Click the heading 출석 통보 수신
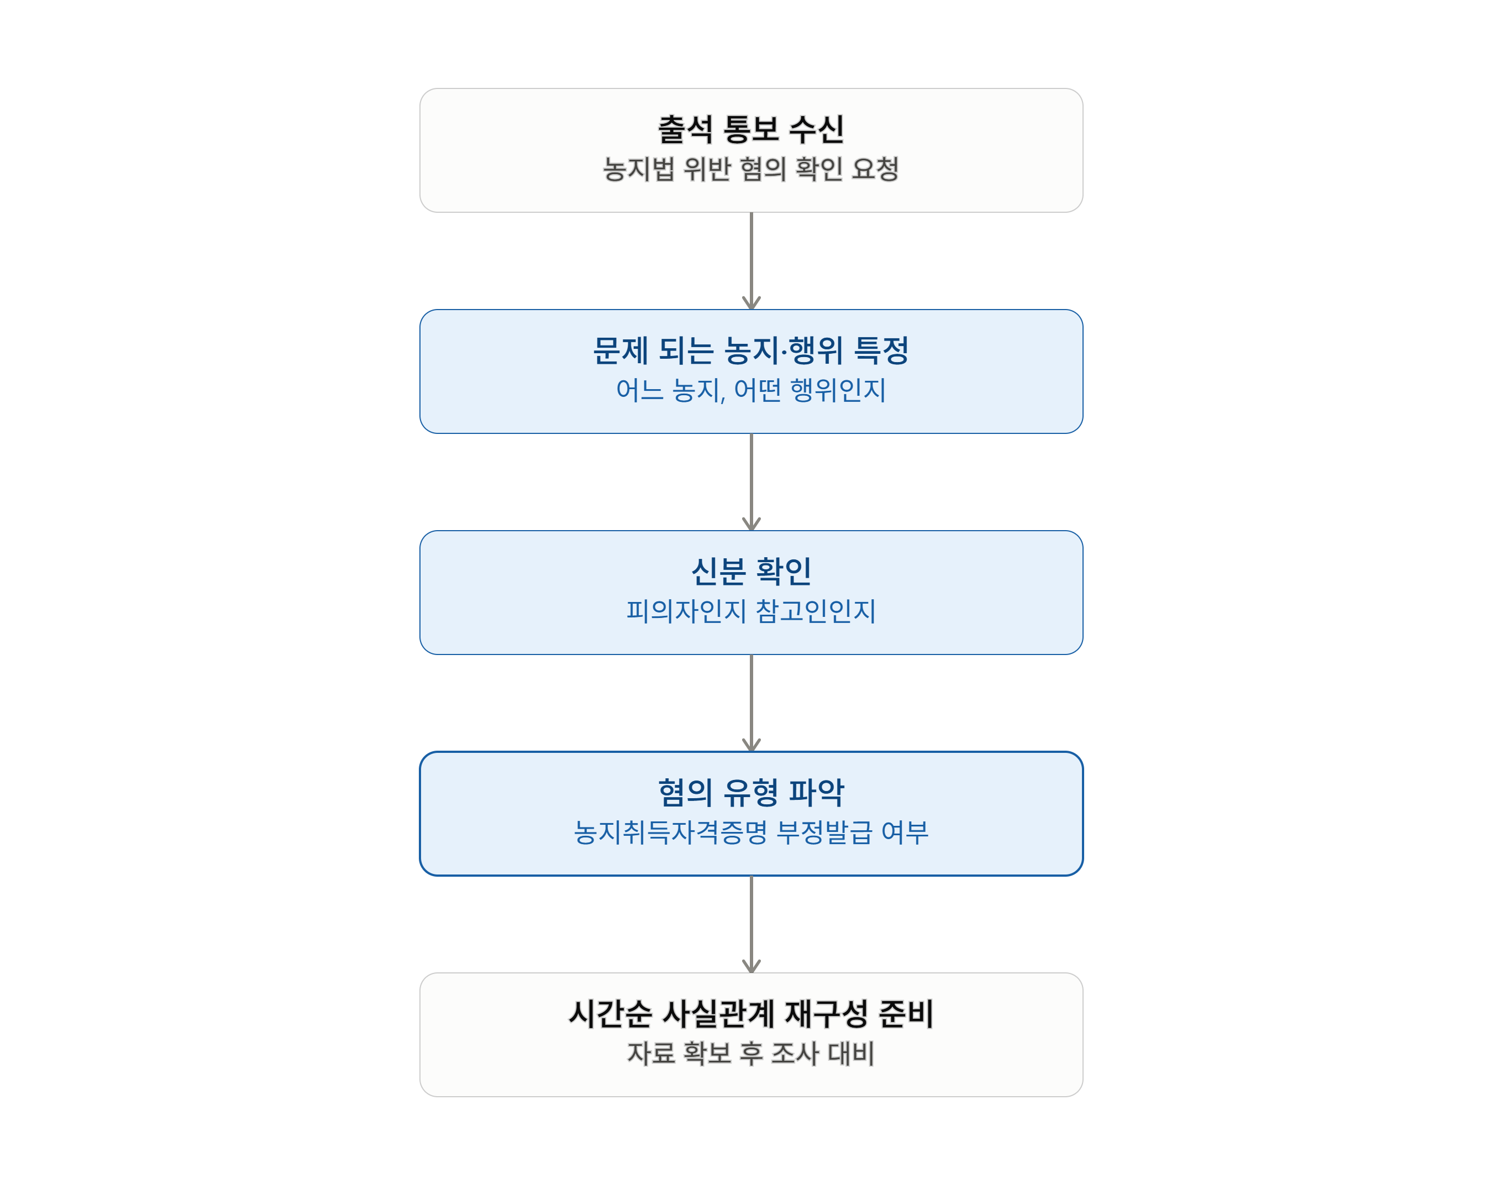[751, 129]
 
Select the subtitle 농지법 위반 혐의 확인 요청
[751, 169]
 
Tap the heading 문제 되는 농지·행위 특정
[751, 350]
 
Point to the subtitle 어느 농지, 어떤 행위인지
[751, 390]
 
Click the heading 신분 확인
[751, 571]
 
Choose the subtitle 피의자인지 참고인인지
[751, 611]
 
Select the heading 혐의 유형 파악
[751, 792]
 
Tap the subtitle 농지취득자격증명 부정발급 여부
[751, 832]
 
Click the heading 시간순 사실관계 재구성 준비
[751, 1013]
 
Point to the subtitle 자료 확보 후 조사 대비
[751, 1053]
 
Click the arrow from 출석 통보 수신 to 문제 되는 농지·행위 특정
[751, 261]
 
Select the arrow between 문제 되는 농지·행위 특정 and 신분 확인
[751, 482]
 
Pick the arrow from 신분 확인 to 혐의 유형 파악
[751, 703]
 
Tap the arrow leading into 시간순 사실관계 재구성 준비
[751, 924]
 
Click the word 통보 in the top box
[751, 129]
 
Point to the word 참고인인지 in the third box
[816, 611]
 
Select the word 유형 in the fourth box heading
[751, 792]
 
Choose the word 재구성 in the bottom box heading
[826, 1013]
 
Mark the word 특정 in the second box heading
[882, 350]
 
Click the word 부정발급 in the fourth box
[824, 832]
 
